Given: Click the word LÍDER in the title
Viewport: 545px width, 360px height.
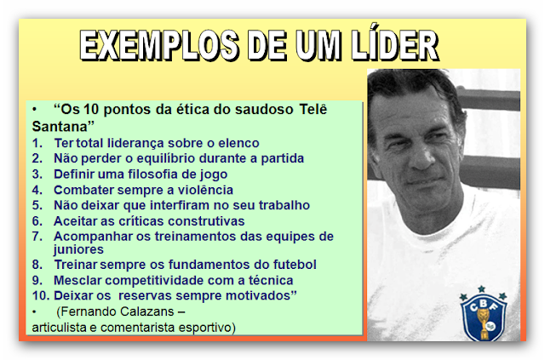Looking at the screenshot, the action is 395,44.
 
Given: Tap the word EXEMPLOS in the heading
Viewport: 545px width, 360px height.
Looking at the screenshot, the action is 159,46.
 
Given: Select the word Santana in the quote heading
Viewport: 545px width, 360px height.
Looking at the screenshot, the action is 60,127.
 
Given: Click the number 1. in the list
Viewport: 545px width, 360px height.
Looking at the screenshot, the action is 37,143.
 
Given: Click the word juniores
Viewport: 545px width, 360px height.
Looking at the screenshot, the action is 78,250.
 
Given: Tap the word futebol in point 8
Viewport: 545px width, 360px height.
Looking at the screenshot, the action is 295,265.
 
